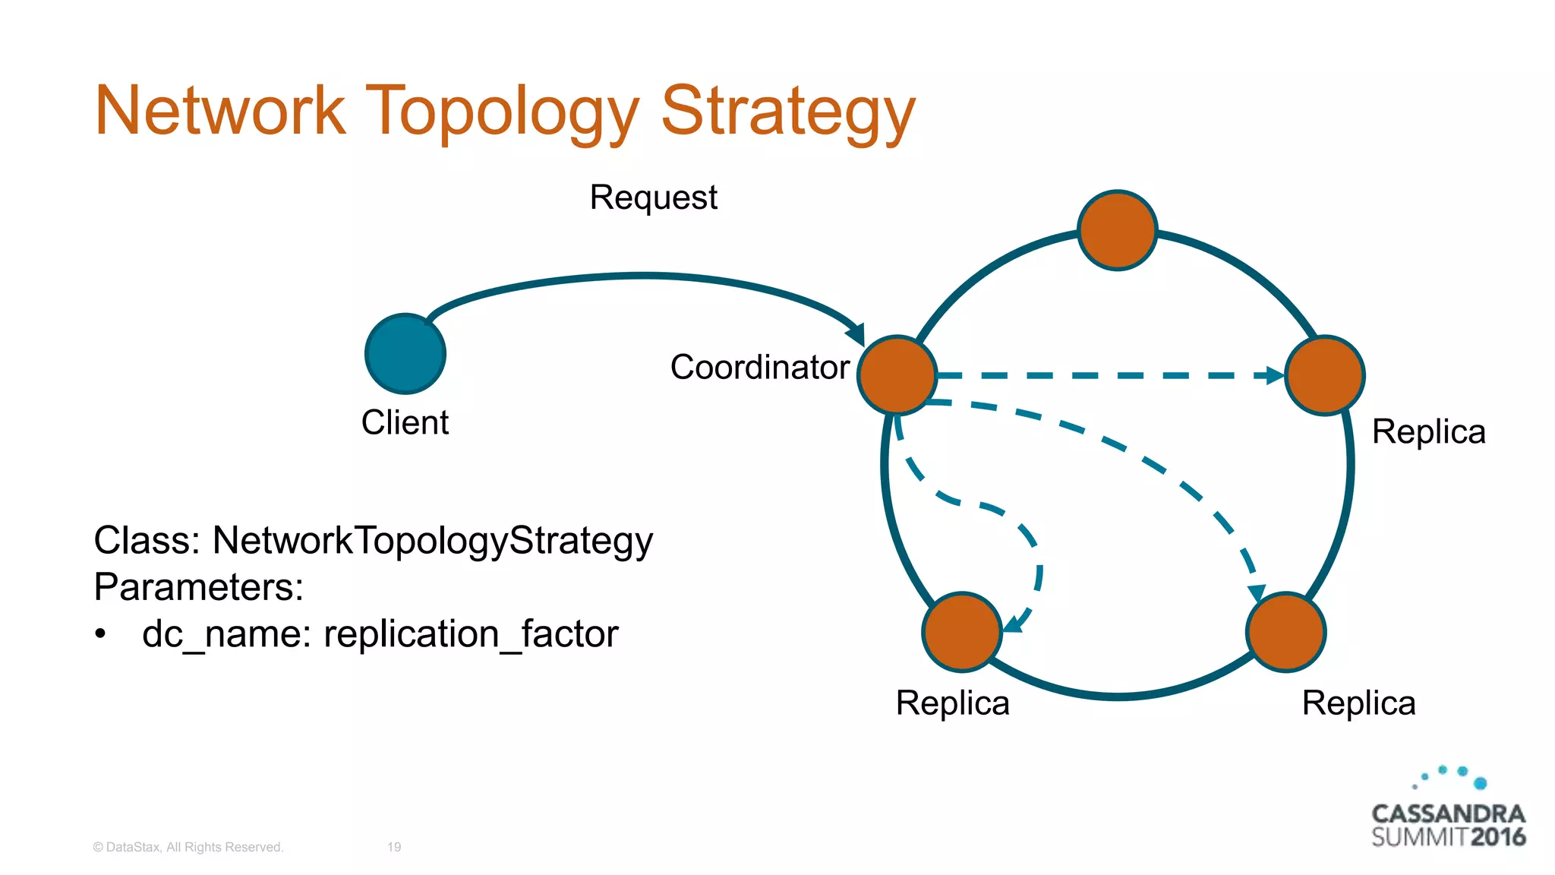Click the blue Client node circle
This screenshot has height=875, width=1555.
click(x=405, y=354)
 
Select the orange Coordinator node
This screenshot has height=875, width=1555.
click(x=897, y=375)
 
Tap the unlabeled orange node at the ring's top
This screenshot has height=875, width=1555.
click(x=1117, y=230)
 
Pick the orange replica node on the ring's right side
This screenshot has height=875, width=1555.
click(x=1324, y=375)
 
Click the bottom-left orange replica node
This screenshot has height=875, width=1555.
click(x=962, y=632)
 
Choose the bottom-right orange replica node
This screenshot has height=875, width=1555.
click(x=1285, y=632)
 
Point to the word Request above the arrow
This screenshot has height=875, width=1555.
click(x=653, y=198)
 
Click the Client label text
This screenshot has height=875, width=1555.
click(x=405, y=422)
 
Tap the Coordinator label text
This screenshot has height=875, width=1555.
click(x=759, y=368)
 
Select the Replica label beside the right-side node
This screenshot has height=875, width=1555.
click(x=1428, y=432)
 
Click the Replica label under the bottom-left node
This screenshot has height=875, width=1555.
click(x=952, y=703)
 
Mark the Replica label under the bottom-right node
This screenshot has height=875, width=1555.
click(x=1358, y=703)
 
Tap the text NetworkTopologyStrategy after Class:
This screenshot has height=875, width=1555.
click(x=432, y=542)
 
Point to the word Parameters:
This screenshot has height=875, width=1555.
click(x=199, y=587)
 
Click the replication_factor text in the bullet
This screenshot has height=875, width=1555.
click(x=471, y=634)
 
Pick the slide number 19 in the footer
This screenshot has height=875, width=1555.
click(x=394, y=847)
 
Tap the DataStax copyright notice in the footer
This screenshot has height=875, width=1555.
click(x=188, y=847)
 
